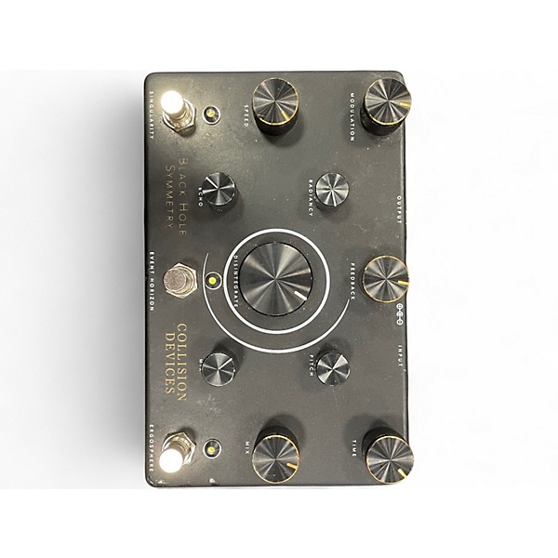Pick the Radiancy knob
click(x=332, y=190)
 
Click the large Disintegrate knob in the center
click(x=276, y=278)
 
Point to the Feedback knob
click(x=386, y=276)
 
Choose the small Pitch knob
click(x=332, y=367)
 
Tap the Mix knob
click(x=276, y=452)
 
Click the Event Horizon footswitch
click(x=178, y=279)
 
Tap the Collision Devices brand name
click(x=177, y=358)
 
